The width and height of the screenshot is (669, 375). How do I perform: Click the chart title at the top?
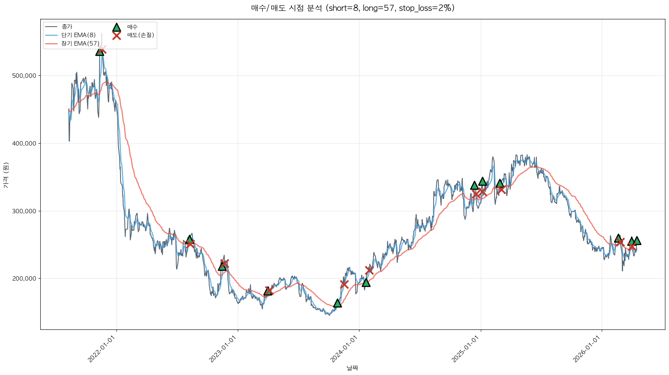pos(353,8)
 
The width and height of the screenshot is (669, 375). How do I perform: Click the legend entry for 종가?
pos(67,27)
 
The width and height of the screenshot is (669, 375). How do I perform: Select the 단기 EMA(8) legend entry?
pos(78,35)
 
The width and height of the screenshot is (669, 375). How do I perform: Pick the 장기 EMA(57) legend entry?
pos(80,44)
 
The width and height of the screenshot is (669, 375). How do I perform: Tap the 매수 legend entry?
pos(132,27)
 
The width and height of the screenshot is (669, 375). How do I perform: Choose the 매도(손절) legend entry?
pos(140,35)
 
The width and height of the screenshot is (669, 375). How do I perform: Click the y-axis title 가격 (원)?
pos(6,175)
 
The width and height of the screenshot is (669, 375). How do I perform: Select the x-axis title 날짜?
pos(352,368)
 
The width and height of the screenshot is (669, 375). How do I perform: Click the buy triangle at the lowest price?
pos(337,303)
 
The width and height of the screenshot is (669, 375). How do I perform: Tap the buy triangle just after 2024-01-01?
pos(366,282)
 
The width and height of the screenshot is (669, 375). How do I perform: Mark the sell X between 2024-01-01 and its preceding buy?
pos(344,284)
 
